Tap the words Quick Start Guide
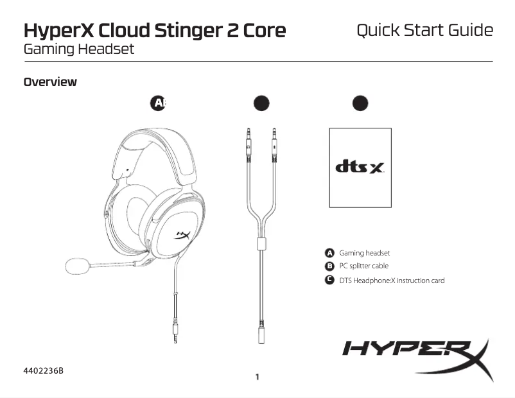tap(424, 30)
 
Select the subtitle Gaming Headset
tap(79, 49)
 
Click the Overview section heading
tap(50, 82)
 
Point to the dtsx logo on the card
tap(360, 167)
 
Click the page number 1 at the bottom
tap(257, 377)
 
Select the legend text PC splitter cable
tap(363, 266)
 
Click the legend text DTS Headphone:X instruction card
tap(392, 281)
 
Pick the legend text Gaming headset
tap(364, 254)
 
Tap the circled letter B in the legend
tap(329, 266)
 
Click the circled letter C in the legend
tap(329, 280)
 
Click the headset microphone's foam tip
tap(78, 265)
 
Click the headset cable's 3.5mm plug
tap(176, 333)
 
